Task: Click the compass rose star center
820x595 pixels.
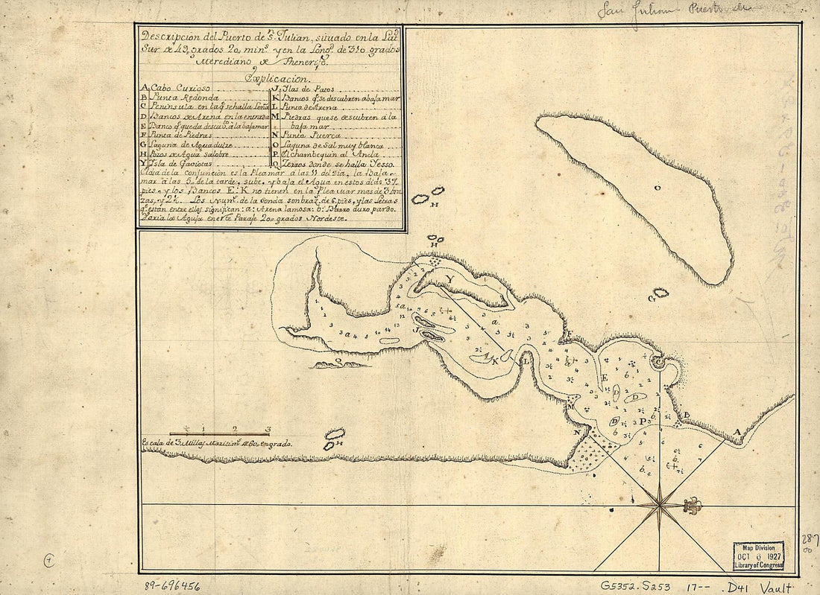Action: pyautogui.click(x=660, y=506)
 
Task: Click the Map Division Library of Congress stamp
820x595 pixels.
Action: pyautogui.click(x=757, y=556)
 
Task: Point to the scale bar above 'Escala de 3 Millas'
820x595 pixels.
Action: pyautogui.click(x=219, y=433)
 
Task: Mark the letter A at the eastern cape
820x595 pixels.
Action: pyautogui.click(x=737, y=432)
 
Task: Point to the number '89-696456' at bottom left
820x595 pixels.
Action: pyautogui.click(x=174, y=585)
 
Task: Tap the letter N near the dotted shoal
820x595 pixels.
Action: pyautogui.click(x=576, y=431)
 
